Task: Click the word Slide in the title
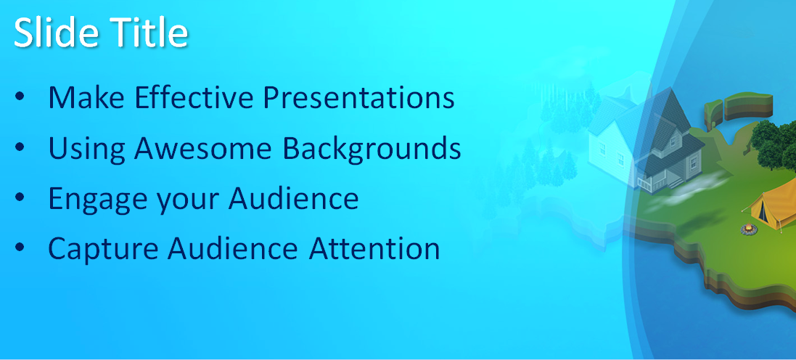pos(54,33)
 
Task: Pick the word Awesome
pos(203,148)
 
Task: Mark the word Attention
pos(374,249)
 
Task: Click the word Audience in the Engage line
pos(293,198)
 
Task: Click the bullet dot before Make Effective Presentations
pos(20,96)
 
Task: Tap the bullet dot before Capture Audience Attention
pos(20,247)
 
